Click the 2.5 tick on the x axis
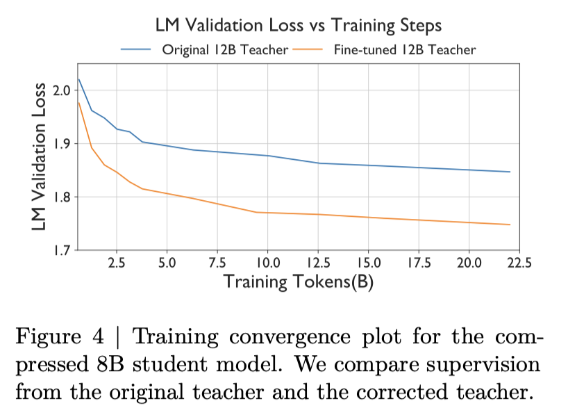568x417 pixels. (x=117, y=264)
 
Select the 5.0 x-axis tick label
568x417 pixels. (x=167, y=264)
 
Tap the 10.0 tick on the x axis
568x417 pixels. (x=267, y=264)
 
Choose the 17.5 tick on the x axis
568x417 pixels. (x=419, y=264)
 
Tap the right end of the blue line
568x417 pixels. (x=510, y=172)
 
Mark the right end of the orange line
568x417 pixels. (x=510, y=224)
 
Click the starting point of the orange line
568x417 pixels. (x=78, y=103)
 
